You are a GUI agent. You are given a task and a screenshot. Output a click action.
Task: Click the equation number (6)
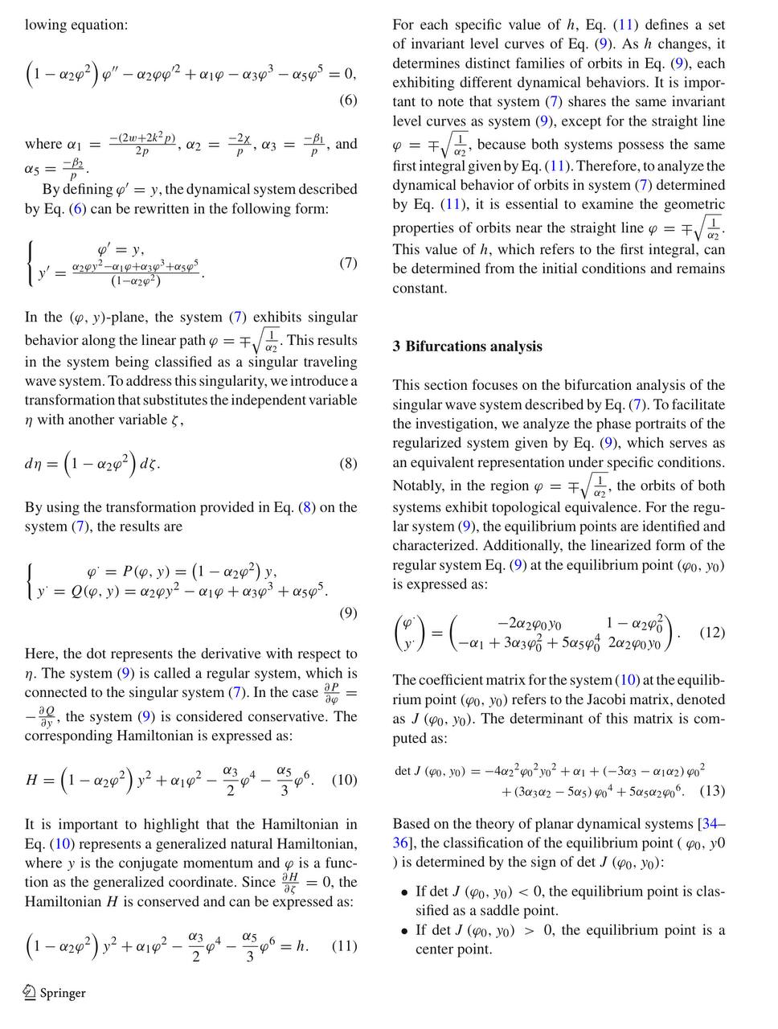[x=347, y=100]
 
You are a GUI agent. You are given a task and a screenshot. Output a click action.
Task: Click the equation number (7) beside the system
[x=347, y=263]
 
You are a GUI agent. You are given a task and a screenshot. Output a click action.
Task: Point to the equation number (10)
[x=344, y=780]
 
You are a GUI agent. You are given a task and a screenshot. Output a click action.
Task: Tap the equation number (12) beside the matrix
[x=712, y=632]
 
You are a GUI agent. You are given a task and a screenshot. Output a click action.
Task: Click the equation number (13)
[x=712, y=791]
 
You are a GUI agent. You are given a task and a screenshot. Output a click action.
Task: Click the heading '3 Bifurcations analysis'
[x=467, y=346]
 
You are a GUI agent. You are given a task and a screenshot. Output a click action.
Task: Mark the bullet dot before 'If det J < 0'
[x=403, y=892]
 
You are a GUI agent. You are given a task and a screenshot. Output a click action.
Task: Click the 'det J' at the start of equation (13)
[x=409, y=772]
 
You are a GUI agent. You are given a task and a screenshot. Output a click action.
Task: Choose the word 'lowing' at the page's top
[x=47, y=25]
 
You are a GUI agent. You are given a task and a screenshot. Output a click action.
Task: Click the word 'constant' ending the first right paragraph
[x=420, y=289]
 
